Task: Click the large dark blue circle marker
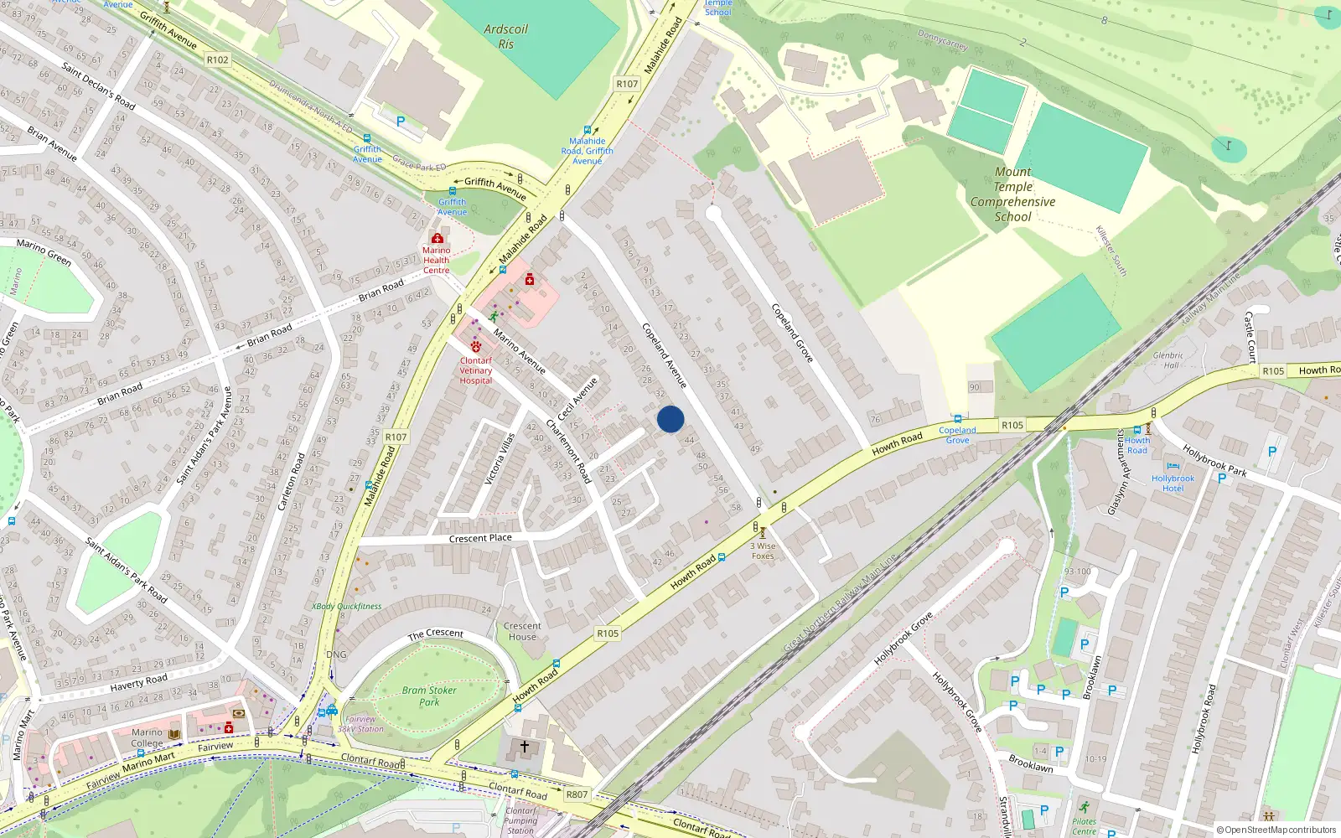tap(670, 419)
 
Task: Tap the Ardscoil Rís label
tap(505, 36)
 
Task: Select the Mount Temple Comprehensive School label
tap(1012, 194)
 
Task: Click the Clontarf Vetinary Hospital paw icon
tap(476, 346)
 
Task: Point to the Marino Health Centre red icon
tap(437, 239)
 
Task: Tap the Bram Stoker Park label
tap(429, 696)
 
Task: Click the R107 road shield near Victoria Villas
tap(396, 437)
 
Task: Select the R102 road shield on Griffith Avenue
tap(217, 59)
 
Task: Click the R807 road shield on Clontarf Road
tap(577, 794)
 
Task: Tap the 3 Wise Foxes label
tap(763, 551)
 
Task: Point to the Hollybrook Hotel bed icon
tap(1173, 467)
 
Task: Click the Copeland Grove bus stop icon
tap(957, 419)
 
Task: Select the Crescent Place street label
tap(480, 538)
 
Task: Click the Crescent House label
tap(522, 631)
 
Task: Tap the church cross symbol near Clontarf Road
tap(525, 746)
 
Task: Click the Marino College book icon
tap(174, 734)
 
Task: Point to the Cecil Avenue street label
tap(577, 400)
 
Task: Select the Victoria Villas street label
tap(500, 458)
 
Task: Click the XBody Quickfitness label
tap(346, 606)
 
